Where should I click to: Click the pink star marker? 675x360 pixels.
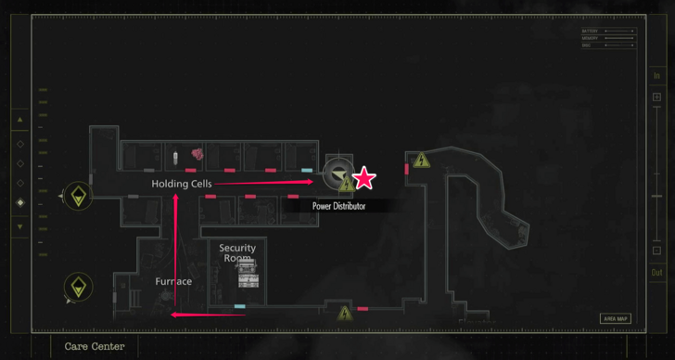(364, 178)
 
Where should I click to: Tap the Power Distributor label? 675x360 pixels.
(338, 206)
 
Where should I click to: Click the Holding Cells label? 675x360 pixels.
(182, 184)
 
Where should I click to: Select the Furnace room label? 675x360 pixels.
(173, 281)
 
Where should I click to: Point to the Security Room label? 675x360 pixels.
(237, 253)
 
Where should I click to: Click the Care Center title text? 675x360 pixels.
(95, 346)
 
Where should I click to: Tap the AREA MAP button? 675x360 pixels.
(616, 318)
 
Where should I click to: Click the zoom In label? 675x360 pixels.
(656, 76)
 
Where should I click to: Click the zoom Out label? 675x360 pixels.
(656, 272)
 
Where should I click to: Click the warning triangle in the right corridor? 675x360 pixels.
(422, 161)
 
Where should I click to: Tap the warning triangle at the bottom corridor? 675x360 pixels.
(345, 313)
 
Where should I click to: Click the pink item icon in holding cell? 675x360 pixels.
(197, 154)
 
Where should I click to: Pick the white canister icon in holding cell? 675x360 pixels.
(175, 153)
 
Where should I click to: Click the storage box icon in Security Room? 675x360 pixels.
(247, 275)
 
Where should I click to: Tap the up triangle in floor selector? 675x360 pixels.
(20, 120)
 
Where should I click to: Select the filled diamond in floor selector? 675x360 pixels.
(20, 202)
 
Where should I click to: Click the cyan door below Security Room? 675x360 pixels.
(240, 306)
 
